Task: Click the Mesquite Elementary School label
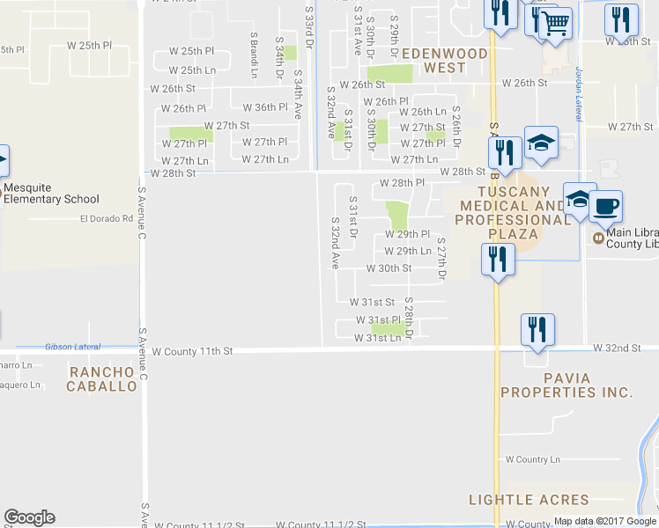pyautogui.click(x=50, y=193)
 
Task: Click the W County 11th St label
pyautogui.click(x=191, y=351)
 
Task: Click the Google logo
pyautogui.click(x=29, y=517)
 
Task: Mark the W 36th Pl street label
pyautogui.click(x=265, y=107)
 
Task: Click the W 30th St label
pyautogui.click(x=389, y=268)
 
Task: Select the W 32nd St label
pyautogui.click(x=617, y=348)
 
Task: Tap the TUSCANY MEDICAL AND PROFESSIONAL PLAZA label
pyautogui.click(x=513, y=212)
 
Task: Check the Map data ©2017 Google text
pyautogui.click(x=604, y=521)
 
